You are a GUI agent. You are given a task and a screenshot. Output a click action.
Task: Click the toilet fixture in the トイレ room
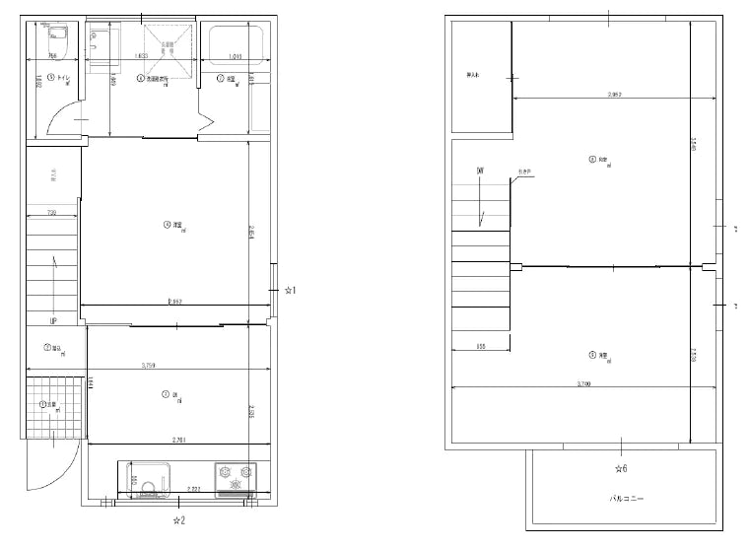[x=55, y=41]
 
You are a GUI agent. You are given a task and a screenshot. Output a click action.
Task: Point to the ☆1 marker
[x=290, y=291]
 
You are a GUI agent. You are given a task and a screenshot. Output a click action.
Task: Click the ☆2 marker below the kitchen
[x=178, y=518]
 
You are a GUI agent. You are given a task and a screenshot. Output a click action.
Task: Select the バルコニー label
[x=626, y=500]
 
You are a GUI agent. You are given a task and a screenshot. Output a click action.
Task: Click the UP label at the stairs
[x=52, y=321]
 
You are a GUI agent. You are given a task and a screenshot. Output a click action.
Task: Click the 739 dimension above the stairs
[x=51, y=214]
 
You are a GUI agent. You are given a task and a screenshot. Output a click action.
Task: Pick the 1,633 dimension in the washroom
[x=143, y=57]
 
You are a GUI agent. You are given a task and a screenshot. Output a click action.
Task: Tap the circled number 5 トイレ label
[x=57, y=76]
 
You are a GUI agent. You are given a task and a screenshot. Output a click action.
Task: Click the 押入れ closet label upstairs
[x=473, y=75]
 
